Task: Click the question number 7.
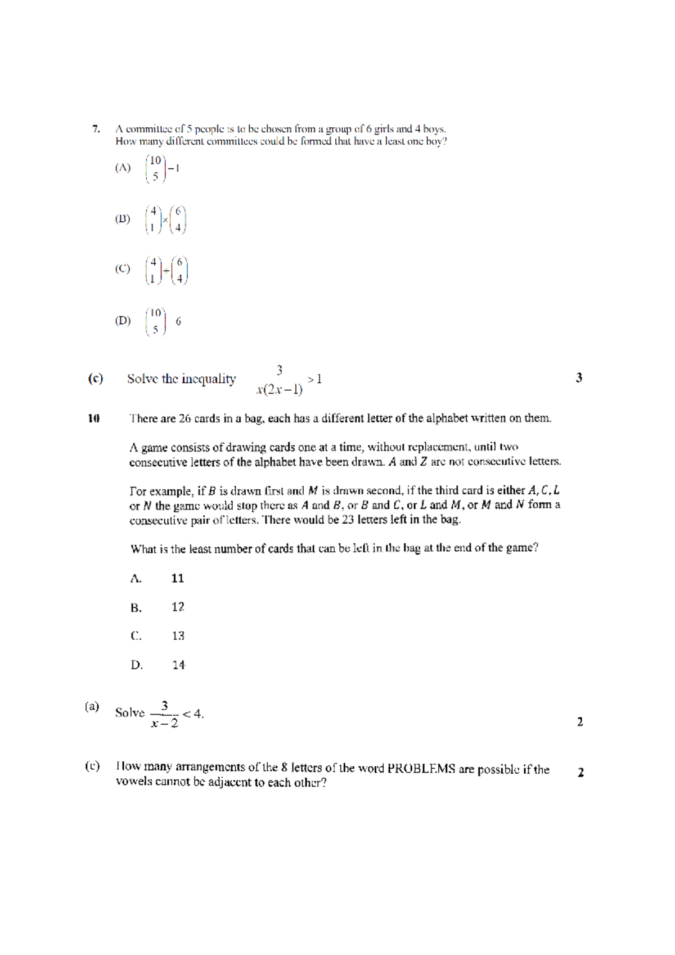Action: [96, 129]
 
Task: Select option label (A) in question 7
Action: [123, 168]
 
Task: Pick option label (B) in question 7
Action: [123, 219]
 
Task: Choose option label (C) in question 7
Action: [123, 269]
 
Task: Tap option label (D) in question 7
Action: [123, 321]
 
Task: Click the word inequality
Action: [208, 379]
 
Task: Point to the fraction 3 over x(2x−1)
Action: [280, 380]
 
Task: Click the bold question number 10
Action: [94, 418]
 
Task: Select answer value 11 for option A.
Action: [178, 578]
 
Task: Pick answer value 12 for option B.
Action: [178, 607]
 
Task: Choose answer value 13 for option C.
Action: [178, 636]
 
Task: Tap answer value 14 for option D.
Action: [178, 665]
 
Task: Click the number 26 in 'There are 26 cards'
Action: [185, 418]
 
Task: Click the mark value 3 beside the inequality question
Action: [579, 378]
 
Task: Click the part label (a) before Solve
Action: [92, 706]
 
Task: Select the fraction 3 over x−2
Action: [164, 714]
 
